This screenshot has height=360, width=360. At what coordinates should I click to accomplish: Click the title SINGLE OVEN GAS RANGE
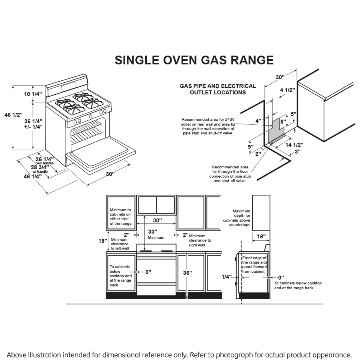[x=194, y=60]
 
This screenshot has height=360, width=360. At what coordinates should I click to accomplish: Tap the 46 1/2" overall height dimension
[x=13, y=115]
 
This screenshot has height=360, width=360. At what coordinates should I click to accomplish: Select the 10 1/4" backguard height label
[x=33, y=94]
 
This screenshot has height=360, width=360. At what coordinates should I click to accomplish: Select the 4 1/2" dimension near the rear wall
[x=287, y=90]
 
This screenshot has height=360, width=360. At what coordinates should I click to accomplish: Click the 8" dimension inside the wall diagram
[x=282, y=121]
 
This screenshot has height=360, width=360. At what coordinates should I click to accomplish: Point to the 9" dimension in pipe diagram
[x=250, y=147]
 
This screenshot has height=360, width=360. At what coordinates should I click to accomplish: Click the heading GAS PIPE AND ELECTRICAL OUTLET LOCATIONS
[x=218, y=89]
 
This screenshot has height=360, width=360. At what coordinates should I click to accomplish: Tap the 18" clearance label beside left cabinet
[x=103, y=241]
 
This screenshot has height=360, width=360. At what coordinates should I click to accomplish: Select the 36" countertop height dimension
[x=187, y=273]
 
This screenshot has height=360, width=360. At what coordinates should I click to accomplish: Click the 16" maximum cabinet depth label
[x=261, y=236]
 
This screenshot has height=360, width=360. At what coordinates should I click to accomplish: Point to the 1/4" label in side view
[x=227, y=277]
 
